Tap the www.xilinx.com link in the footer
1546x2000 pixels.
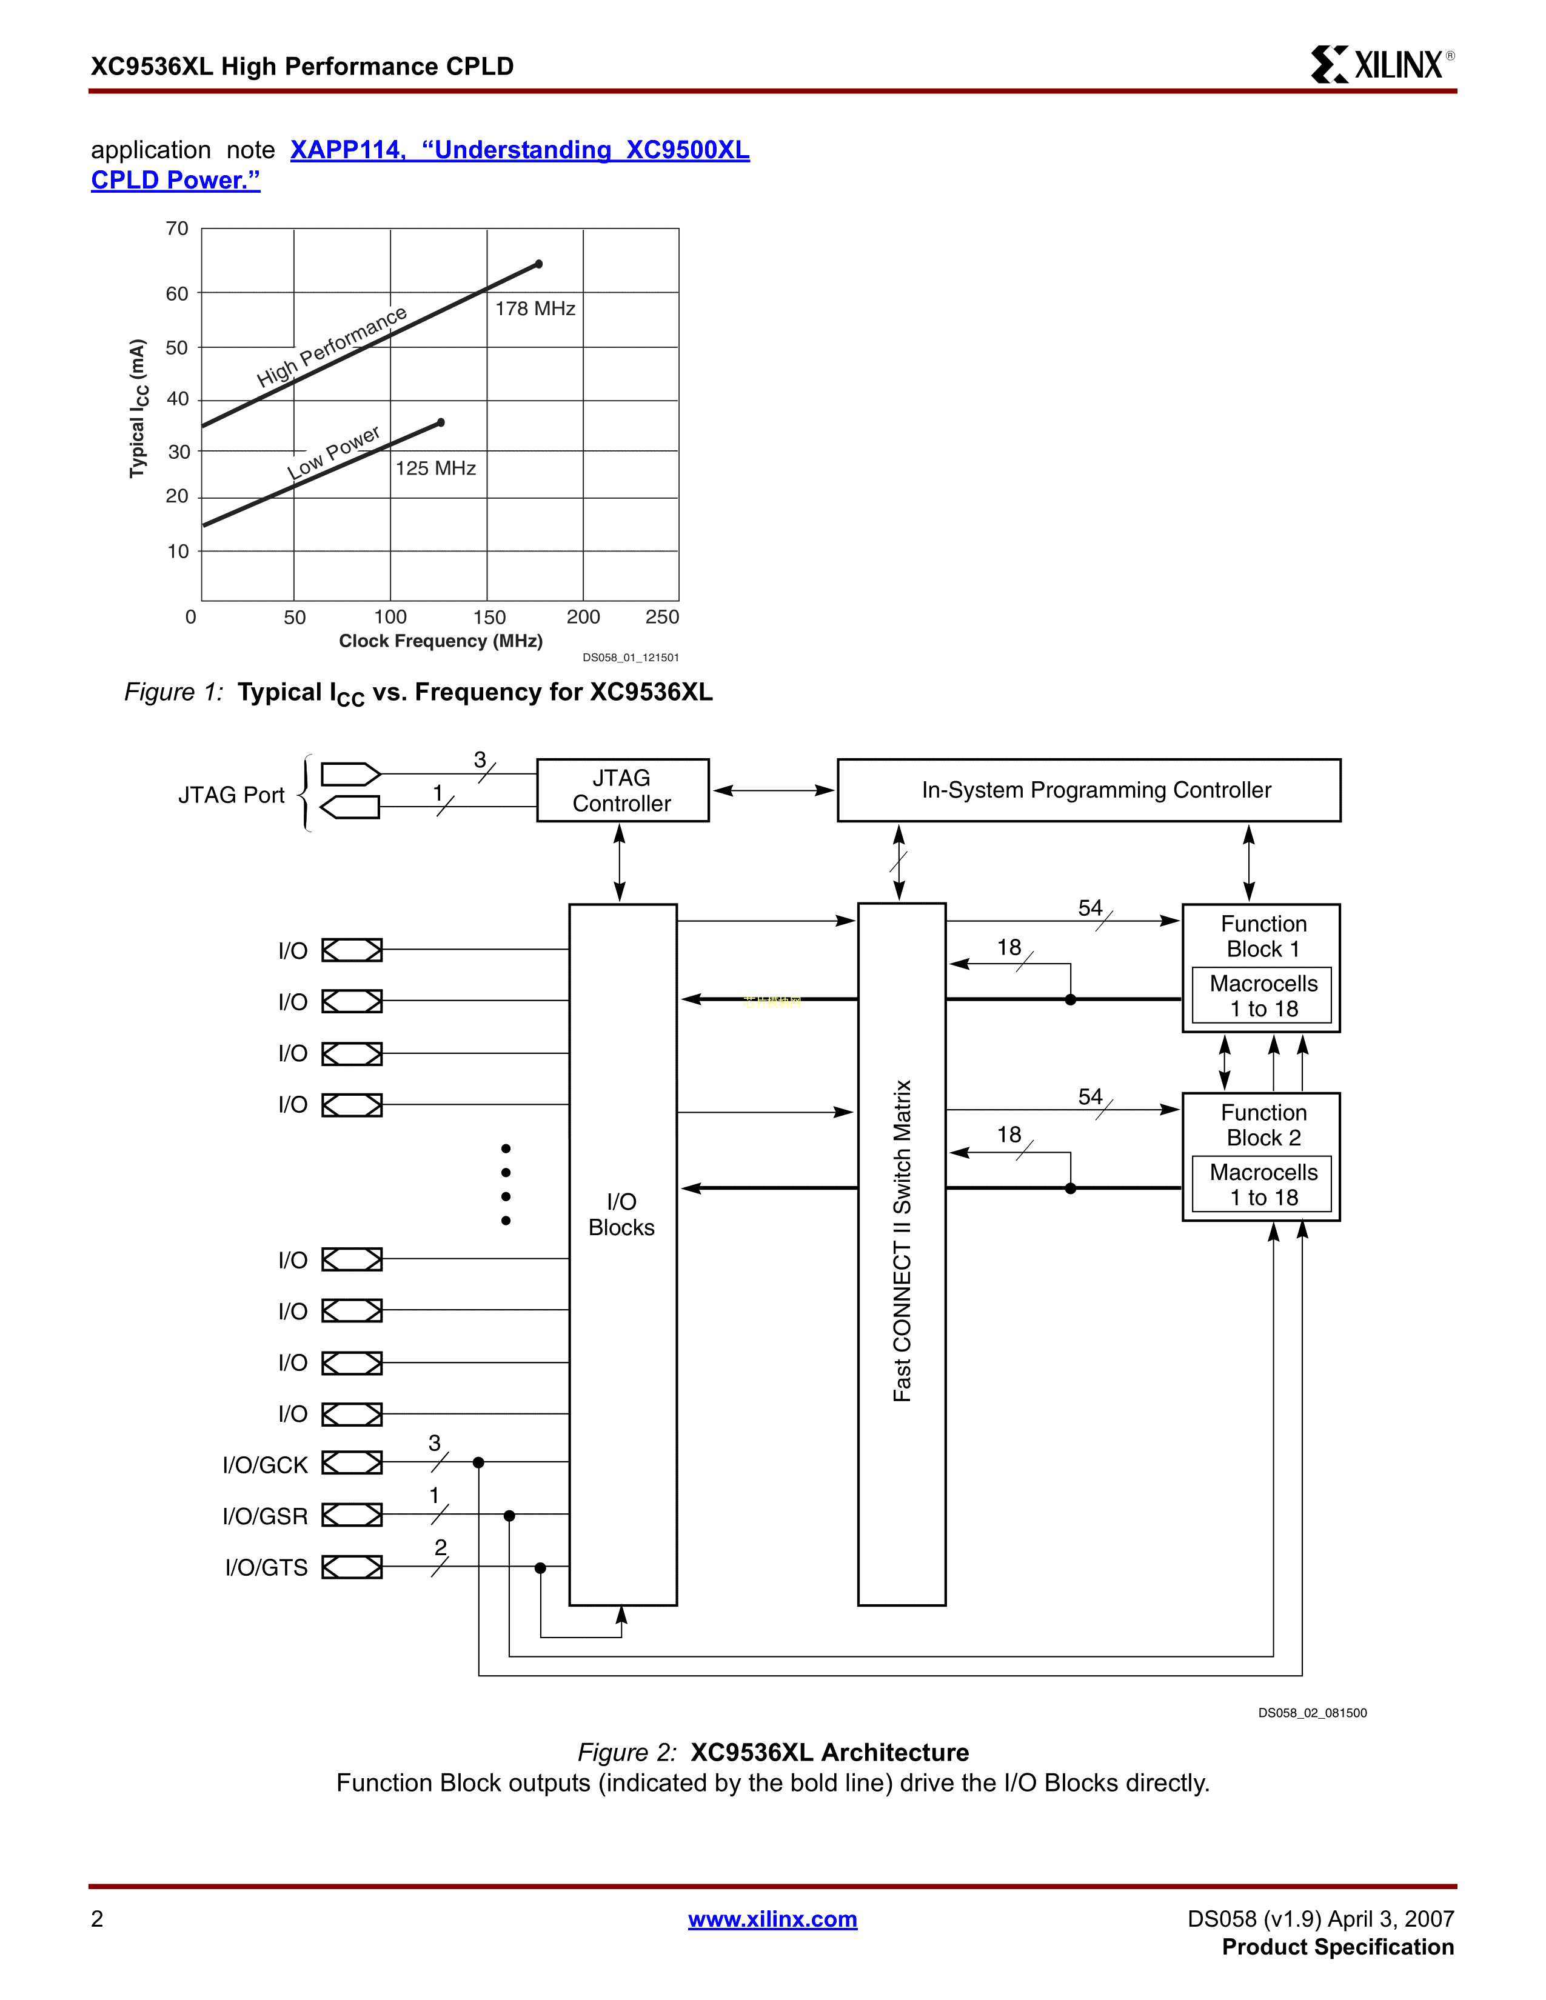(x=772, y=1919)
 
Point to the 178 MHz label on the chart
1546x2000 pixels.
(x=535, y=308)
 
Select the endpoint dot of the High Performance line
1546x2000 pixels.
(x=538, y=264)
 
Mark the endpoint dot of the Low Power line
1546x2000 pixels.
(x=441, y=422)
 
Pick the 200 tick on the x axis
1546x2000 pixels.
(x=583, y=617)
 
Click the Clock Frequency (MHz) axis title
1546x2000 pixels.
(x=441, y=641)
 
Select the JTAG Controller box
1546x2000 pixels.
(x=623, y=790)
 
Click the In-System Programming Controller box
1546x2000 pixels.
(x=1089, y=790)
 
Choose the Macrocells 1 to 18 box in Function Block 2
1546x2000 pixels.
(x=1262, y=1184)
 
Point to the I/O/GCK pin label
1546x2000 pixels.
(x=265, y=1465)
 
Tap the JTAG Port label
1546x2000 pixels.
(x=232, y=795)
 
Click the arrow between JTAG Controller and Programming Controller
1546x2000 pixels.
(x=774, y=790)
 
